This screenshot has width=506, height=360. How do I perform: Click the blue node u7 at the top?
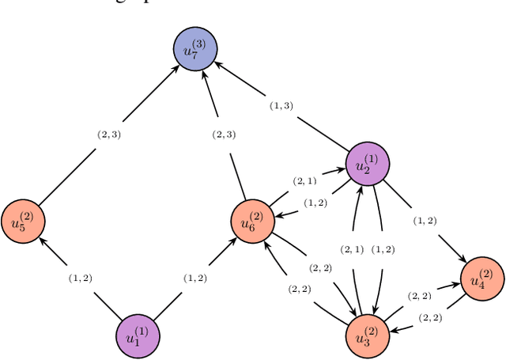coord(194,49)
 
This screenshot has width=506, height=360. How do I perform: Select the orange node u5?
coord(22,221)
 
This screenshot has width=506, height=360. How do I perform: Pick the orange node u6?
coord(252,221)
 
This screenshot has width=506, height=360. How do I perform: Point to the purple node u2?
coord(368,165)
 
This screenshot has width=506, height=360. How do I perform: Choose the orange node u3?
coord(368,335)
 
